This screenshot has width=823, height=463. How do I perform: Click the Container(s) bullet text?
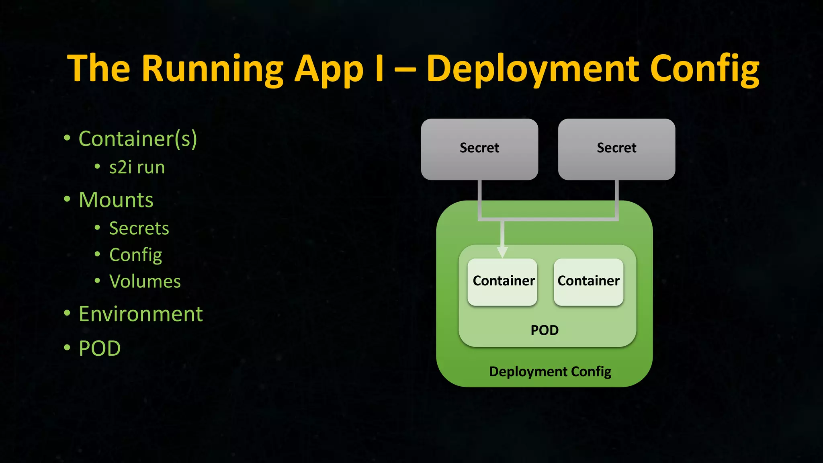click(x=138, y=139)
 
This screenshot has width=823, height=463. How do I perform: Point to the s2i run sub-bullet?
click(x=137, y=167)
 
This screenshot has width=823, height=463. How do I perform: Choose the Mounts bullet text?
click(x=116, y=200)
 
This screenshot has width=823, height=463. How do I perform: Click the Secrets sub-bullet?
click(x=139, y=228)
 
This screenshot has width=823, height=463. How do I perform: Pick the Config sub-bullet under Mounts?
click(x=135, y=255)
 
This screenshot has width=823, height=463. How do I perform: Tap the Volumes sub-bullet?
click(x=145, y=281)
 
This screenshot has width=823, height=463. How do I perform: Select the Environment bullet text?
click(x=141, y=314)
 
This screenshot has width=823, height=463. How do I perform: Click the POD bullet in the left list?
click(x=100, y=348)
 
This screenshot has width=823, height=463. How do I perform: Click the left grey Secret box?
click(x=479, y=149)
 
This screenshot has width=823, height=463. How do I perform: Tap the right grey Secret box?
click(x=616, y=149)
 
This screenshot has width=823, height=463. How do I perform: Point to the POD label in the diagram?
click(x=545, y=330)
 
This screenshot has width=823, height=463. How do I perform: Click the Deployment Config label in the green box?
click(x=550, y=371)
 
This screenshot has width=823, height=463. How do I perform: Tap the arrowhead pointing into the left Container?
click(x=502, y=252)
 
